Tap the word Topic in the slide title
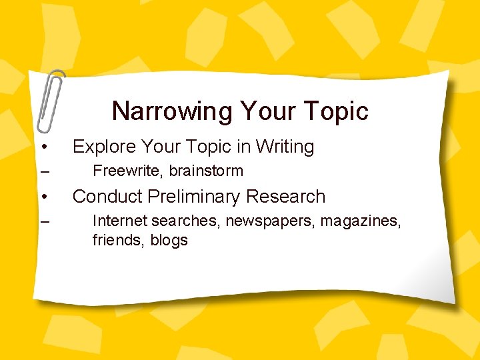pyautogui.click(x=335, y=111)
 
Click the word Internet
pyautogui.click(x=119, y=221)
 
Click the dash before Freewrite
pyautogui.click(x=44, y=172)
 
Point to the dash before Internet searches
pyautogui.click(x=44, y=221)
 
